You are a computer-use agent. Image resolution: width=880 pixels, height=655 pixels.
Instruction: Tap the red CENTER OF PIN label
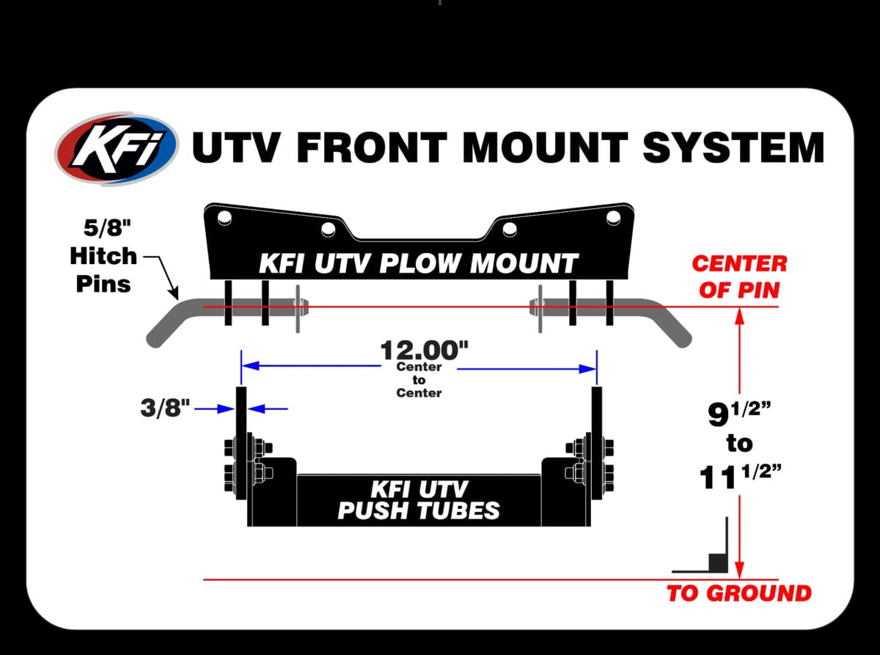click(738, 276)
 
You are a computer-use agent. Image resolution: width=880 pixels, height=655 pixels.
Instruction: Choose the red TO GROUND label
click(738, 593)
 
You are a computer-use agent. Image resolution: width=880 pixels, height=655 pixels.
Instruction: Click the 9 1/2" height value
click(738, 416)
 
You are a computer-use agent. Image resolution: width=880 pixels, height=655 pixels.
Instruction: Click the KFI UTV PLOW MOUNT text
click(419, 263)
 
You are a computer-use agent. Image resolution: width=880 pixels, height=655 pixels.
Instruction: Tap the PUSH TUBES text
click(419, 510)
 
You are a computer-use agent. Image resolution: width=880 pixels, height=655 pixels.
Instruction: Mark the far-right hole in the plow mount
click(613, 217)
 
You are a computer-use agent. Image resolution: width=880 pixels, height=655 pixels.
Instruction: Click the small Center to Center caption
click(419, 380)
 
